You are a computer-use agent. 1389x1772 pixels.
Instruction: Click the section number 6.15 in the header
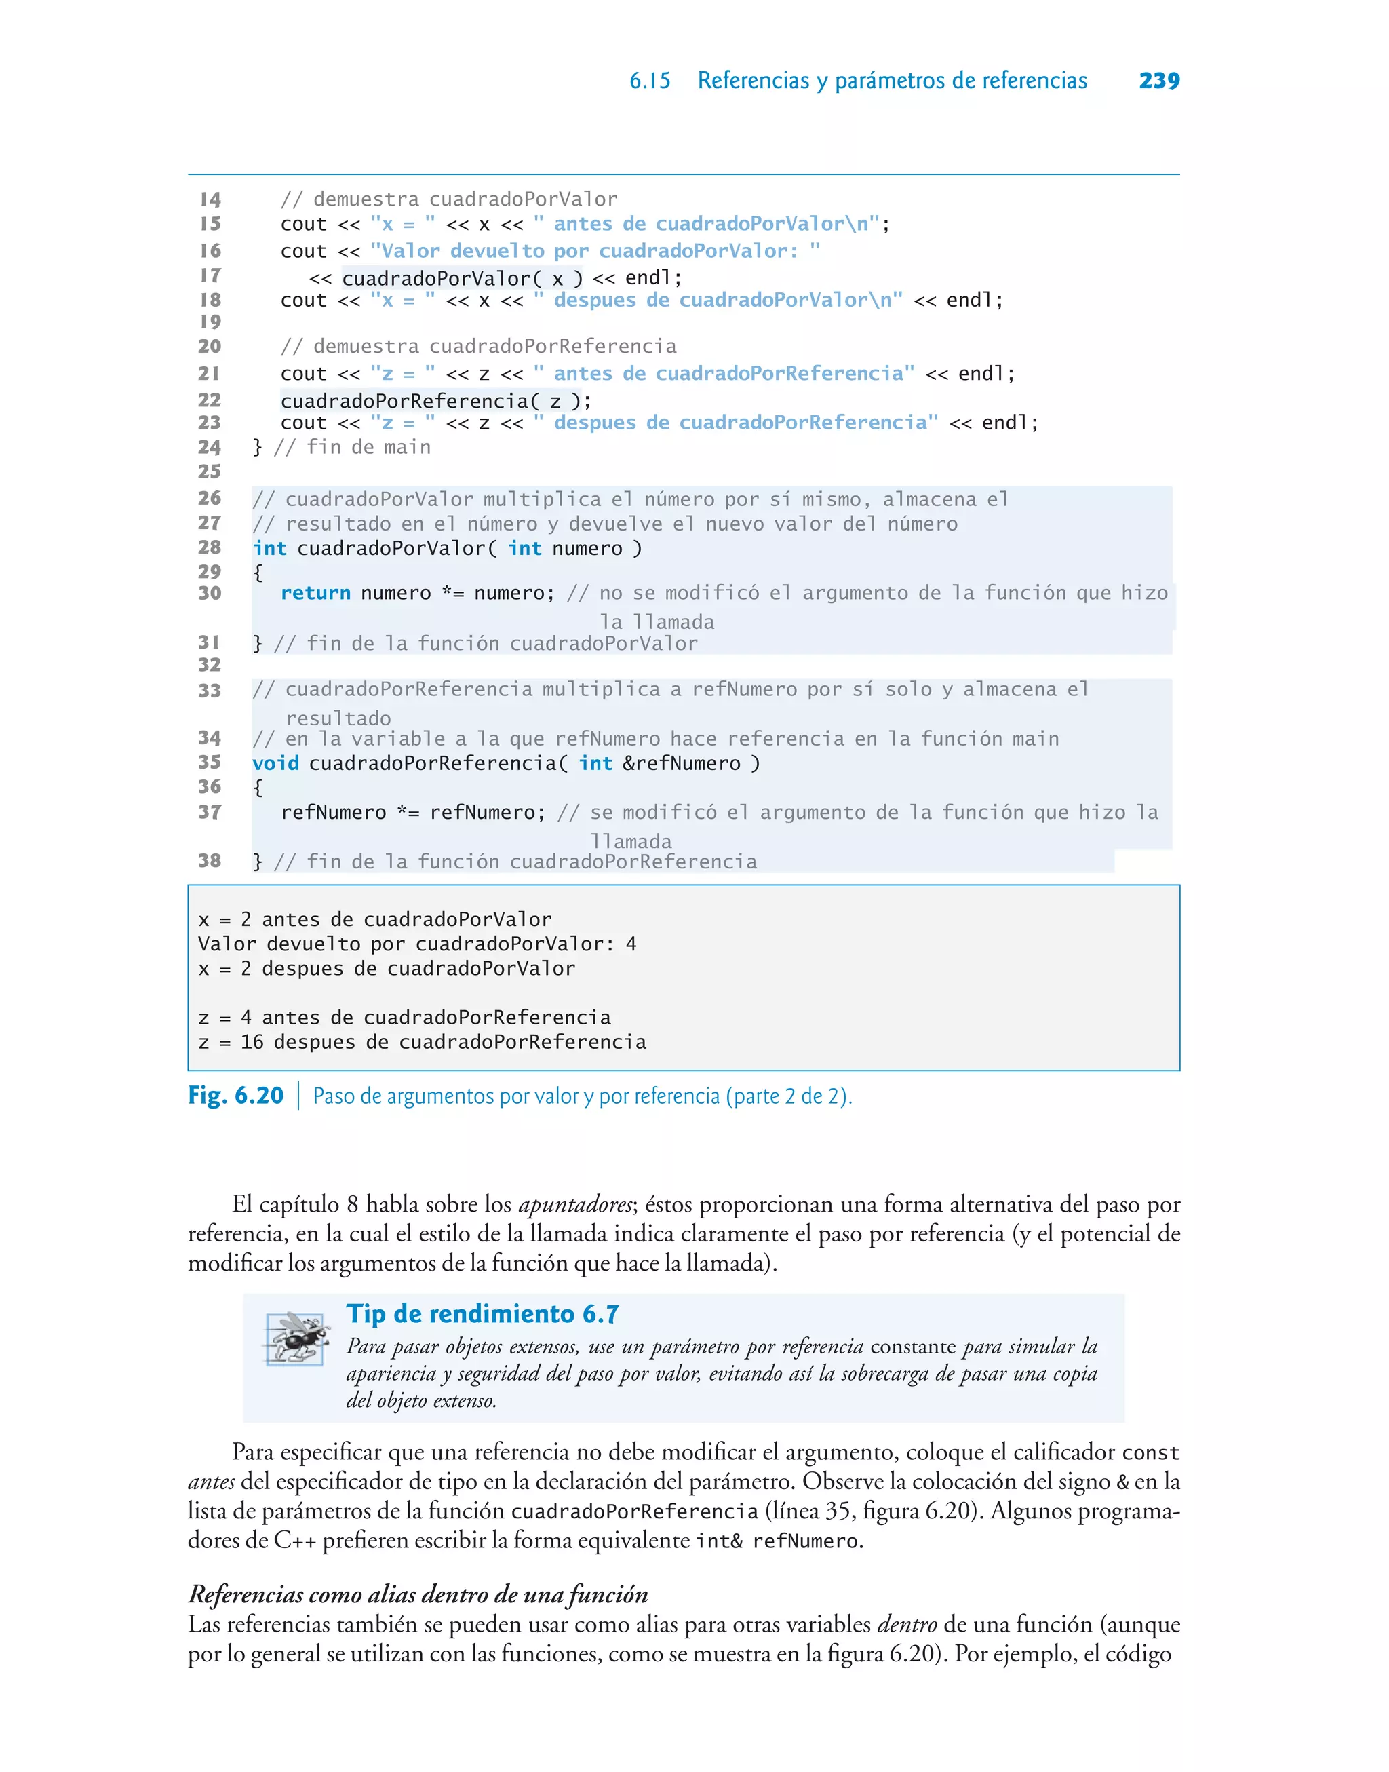pos(650,81)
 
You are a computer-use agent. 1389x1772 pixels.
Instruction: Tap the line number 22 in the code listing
pos(209,400)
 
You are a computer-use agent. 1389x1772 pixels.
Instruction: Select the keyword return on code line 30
pos(315,593)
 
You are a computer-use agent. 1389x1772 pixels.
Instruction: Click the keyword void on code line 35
pos(275,763)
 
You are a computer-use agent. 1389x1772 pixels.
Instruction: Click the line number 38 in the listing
pos(209,860)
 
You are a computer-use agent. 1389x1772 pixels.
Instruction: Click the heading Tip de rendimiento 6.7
pos(482,1313)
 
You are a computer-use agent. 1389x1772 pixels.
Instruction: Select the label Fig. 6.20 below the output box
pos(235,1096)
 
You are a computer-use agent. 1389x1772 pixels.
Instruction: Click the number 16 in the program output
pos(252,1042)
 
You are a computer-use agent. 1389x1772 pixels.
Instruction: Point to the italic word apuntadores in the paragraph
pos(574,1204)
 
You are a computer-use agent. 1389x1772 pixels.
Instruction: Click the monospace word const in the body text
pos(1150,1452)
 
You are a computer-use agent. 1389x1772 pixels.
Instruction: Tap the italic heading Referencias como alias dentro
pos(418,1594)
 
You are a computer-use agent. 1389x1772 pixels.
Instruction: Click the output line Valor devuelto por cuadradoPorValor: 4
pos(416,944)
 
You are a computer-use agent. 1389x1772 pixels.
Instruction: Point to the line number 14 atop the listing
pos(210,199)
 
